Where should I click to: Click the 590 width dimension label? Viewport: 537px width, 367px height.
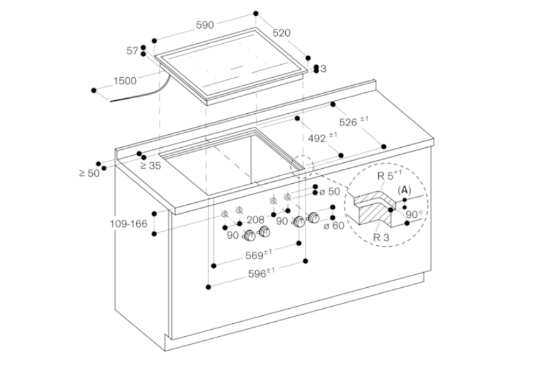click(x=205, y=25)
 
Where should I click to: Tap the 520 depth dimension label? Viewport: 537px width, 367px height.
click(x=281, y=33)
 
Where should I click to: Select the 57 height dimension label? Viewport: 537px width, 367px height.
click(x=132, y=51)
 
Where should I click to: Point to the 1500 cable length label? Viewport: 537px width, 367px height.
click(x=125, y=81)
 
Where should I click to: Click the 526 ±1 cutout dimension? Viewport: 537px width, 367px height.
click(x=354, y=121)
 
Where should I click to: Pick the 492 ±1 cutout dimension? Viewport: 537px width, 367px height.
click(x=322, y=137)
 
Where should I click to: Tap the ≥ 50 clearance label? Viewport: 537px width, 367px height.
click(x=90, y=173)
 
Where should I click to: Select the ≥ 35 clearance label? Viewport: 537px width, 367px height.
click(x=150, y=166)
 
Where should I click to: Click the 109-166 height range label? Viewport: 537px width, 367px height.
click(x=128, y=224)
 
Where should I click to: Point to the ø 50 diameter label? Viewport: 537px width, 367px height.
click(x=330, y=192)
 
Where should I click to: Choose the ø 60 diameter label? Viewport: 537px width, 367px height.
click(x=334, y=226)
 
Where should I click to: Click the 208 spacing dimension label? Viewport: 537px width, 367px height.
click(x=256, y=220)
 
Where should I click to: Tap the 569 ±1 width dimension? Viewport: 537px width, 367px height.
click(x=258, y=254)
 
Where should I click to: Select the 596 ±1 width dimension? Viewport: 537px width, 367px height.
click(x=262, y=273)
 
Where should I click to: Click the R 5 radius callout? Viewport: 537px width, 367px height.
click(x=389, y=175)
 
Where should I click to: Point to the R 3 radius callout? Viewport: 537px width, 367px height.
click(x=381, y=237)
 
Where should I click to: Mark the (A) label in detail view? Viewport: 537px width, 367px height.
click(x=404, y=190)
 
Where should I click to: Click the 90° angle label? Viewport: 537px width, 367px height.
click(x=414, y=215)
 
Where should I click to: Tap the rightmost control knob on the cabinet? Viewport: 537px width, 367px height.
click(x=313, y=218)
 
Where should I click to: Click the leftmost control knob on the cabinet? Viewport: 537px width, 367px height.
click(x=250, y=236)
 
